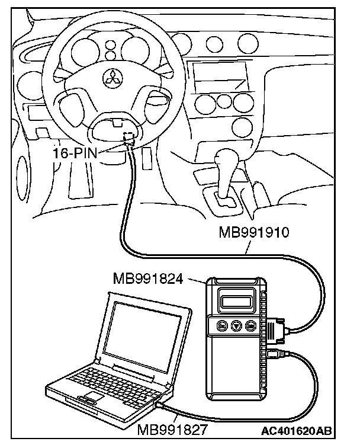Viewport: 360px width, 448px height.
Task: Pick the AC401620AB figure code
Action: tap(297, 430)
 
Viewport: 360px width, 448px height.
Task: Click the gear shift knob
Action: tap(226, 160)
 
